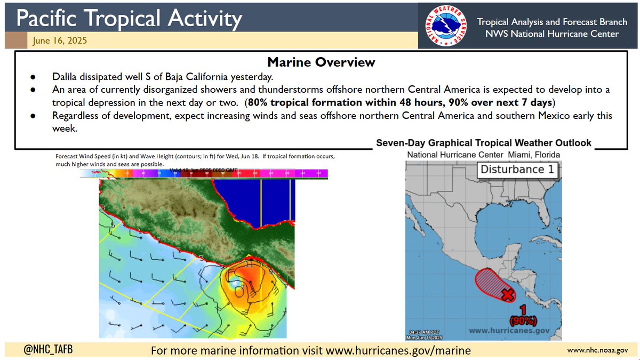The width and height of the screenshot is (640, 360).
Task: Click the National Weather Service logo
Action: [444, 26]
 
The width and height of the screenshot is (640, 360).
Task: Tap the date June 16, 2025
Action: [59, 41]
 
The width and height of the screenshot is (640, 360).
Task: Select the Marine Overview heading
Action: [321, 62]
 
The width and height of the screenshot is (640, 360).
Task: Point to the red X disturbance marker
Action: [508, 293]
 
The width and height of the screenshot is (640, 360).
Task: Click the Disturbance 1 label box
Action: [517, 171]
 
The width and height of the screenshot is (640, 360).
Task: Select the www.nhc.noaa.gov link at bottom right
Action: [598, 350]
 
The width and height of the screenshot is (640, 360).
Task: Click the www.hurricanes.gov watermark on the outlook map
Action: [509, 331]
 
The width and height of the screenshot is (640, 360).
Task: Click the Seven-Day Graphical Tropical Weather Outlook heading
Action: [484, 143]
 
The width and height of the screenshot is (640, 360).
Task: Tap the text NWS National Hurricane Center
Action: [548, 34]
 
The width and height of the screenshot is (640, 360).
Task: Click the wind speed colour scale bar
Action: [204, 174]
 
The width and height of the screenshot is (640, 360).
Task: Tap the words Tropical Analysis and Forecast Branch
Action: [548, 22]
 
